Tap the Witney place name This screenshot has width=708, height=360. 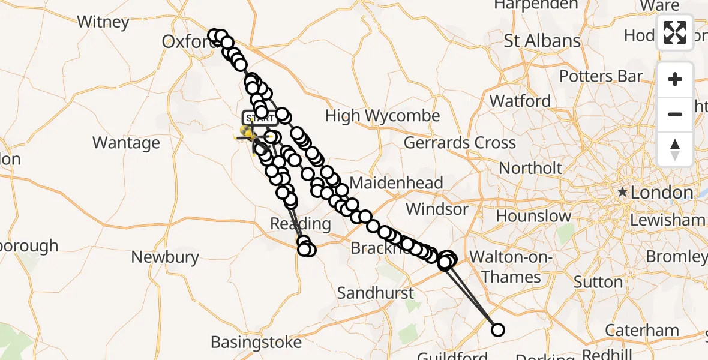tap(103, 22)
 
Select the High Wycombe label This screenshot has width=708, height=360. tap(383, 116)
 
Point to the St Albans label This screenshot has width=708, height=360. tap(542, 41)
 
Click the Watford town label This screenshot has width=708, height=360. tap(520, 101)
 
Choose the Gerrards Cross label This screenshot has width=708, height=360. tap(460, 143)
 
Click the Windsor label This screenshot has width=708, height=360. tap(437, 209)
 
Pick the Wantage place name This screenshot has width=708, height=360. tap(126, 143)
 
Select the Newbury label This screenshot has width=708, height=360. tap(165, 257)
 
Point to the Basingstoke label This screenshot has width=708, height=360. tap(256, 343)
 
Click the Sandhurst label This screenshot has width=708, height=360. tap(376, 293)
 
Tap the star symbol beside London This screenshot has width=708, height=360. tap(623, 193)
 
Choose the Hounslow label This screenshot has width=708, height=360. tap(533, 216)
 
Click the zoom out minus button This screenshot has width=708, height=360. tap(675, 114)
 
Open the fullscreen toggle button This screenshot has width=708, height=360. tap(675, 32)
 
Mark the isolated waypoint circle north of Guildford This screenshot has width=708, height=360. tap(497, 329)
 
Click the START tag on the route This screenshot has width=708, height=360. tap(259, 118)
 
